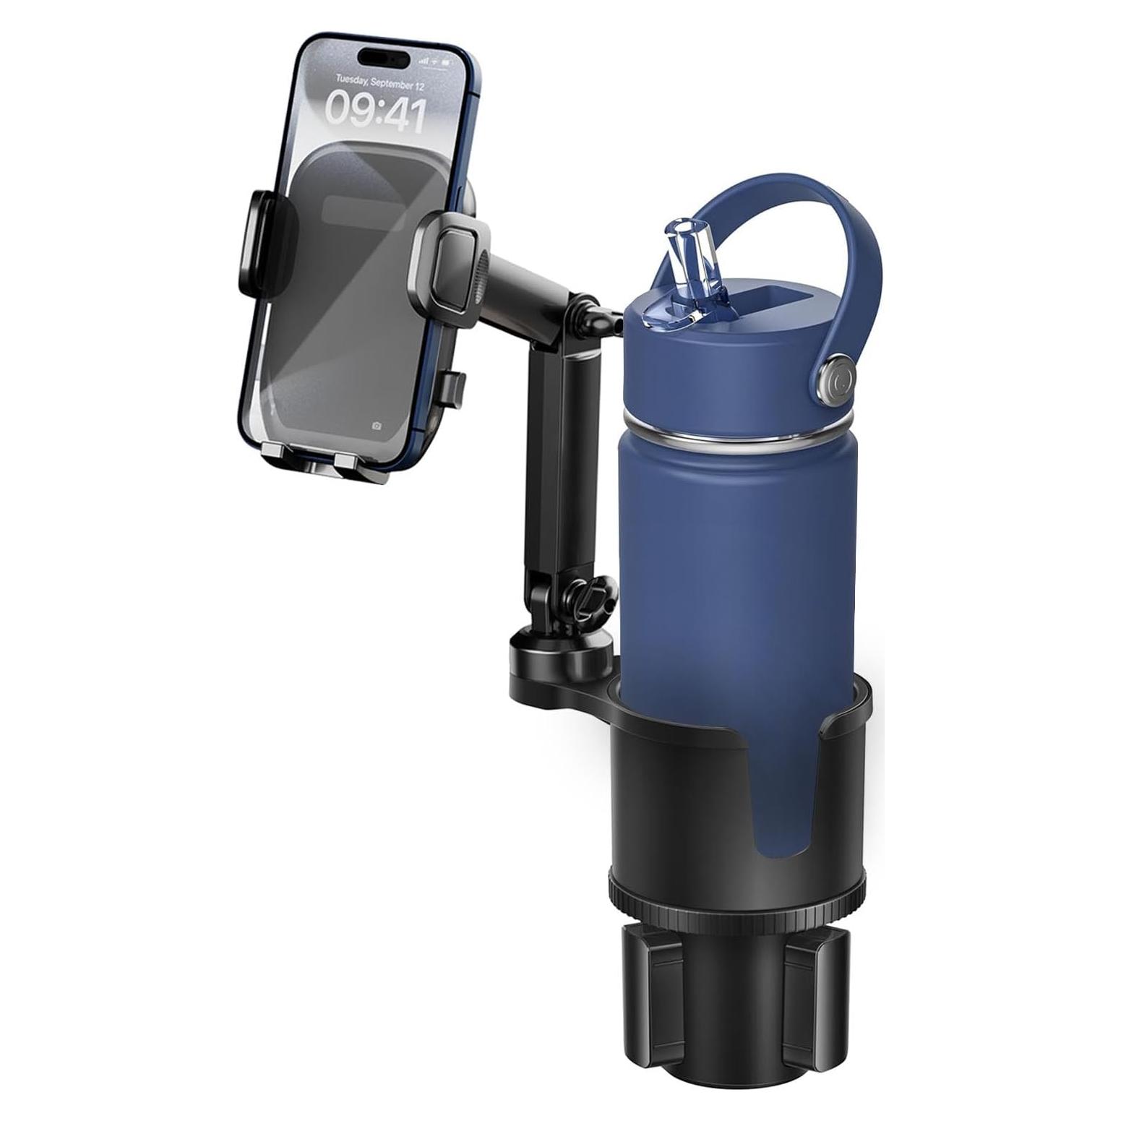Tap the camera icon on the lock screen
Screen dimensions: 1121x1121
point(377,426)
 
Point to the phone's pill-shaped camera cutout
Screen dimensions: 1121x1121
point(382,56)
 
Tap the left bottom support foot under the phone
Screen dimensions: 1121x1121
point(275,453)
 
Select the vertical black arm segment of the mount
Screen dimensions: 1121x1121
point(551,463)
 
